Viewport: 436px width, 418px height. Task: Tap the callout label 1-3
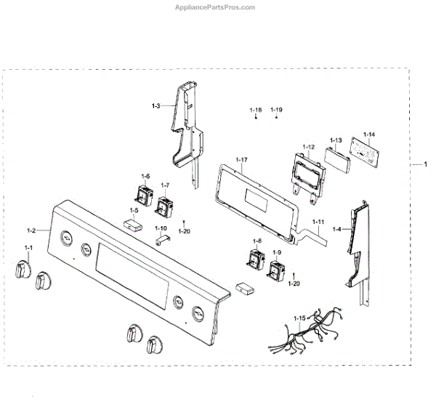156,106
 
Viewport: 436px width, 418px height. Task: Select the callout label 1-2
31,230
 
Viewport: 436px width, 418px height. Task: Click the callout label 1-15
300,318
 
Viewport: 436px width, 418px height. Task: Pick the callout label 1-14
370,134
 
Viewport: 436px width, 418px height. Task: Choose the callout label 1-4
336,230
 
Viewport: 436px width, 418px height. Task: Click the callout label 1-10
161,228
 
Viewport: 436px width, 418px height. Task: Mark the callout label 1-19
276,110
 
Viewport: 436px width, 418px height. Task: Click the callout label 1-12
308,147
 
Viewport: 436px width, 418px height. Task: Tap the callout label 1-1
28,249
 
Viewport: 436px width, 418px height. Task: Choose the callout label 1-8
257,241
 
